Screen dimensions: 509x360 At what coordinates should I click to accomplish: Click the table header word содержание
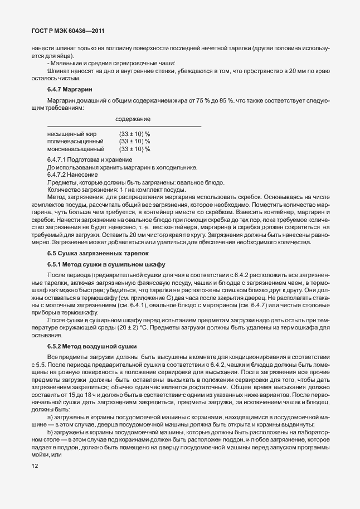[133, 119]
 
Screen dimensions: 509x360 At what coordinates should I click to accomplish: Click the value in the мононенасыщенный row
[134, 149]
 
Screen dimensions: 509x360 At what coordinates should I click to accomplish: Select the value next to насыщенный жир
[134, 134]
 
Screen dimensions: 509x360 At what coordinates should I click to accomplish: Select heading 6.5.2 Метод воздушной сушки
[88, 346]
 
